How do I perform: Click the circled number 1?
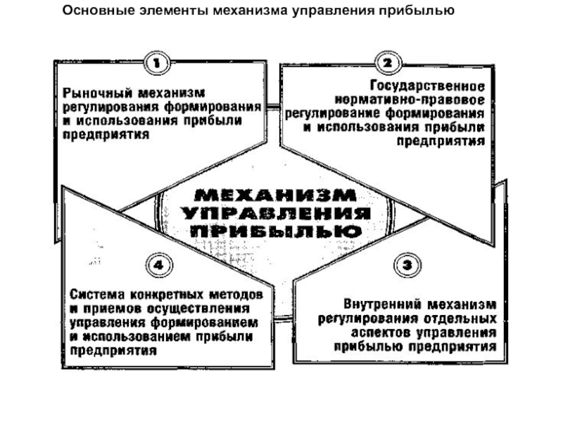coord(157,63)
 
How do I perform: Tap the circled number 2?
coord(388,63)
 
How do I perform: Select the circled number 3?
coord(407,266)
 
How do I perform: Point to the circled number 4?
coord(159,266)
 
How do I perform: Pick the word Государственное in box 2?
coord(427,87)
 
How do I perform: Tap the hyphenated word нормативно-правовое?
coord(410,100)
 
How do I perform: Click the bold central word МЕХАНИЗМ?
coord(275,196)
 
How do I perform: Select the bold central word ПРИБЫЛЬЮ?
coord(276,231)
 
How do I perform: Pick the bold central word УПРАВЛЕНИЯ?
coord(276,214)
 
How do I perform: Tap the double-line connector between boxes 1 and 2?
coord(273,106)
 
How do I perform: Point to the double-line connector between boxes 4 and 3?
coord(284,318)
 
